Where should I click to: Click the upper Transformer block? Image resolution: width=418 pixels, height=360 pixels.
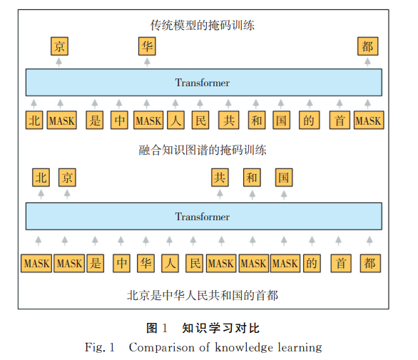coord(204,83)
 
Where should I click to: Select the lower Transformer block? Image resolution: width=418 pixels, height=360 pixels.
coord(204,217)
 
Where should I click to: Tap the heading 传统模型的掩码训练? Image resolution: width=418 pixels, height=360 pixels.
coord(203,26)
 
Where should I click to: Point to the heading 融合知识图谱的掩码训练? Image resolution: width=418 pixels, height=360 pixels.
coord(203,150)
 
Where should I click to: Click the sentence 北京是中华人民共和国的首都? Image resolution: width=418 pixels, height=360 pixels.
coord(203,295)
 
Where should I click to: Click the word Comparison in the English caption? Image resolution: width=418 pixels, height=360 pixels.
coord(162,347)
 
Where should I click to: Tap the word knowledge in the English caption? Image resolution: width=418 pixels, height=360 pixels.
coord(244,348)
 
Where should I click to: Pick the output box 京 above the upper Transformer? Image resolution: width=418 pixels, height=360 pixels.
coord(59,46)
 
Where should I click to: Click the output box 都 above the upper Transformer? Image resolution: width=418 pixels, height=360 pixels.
coord(367,46)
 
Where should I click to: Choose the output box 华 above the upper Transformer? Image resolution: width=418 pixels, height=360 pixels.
coord(147,46)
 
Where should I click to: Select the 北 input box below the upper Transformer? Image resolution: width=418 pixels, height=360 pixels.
coord(34,120)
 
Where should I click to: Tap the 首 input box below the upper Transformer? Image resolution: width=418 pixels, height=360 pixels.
coord(340,120)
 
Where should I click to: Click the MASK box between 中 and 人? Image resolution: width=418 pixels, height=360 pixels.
coord(148,120)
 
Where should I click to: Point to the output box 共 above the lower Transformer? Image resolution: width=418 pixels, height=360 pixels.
coord(220,178)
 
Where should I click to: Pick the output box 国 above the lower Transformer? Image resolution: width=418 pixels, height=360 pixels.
coord(284,178)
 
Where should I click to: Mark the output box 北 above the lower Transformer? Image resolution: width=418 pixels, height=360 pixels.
coord(41,178)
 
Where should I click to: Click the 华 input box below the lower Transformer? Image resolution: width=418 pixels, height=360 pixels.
coord(146,263)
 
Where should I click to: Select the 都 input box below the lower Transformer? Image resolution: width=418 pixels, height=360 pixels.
coord(370,263)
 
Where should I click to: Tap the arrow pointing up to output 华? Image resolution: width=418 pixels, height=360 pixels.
coord(147,62)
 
